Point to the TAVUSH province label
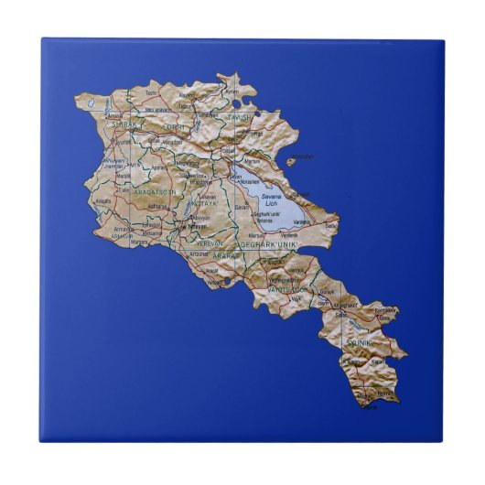[x=239, y=118]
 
